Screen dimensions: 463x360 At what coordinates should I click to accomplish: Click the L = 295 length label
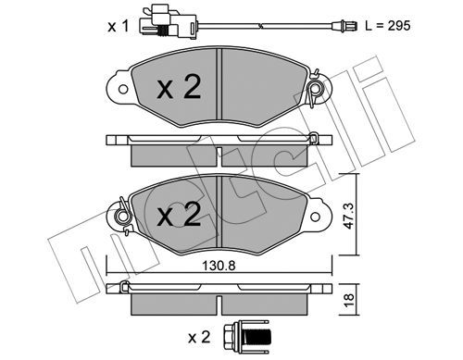coord(388,26)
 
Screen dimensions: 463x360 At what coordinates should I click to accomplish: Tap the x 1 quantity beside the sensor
coord(119,26)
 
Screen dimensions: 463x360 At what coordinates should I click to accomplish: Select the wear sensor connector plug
coord(168,23)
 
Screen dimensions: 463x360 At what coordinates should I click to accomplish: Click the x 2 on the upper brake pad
coord(179,87)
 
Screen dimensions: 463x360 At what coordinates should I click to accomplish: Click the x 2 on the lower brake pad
coord(179,214)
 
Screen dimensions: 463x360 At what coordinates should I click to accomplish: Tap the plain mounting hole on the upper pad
coord(123,90)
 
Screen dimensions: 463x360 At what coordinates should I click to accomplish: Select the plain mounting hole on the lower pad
coord(315,217)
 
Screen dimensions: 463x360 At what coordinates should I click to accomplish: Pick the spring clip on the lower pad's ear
coord(123,216)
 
